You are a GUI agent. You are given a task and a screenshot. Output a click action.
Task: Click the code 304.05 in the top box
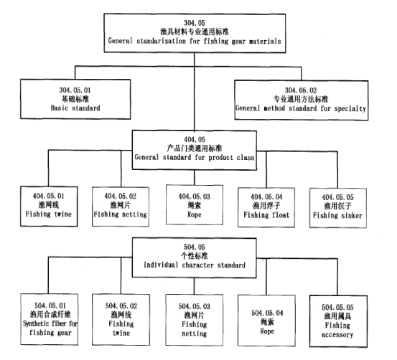click(x=195, y=23)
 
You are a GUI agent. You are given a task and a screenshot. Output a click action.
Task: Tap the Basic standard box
click(x=75, y=99)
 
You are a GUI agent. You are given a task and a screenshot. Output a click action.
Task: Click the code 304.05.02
click(x=301, y=90)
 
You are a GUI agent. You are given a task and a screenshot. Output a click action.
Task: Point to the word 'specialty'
click(x=350, y=108)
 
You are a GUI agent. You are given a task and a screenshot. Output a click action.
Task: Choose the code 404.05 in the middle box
click(x=195, y=139)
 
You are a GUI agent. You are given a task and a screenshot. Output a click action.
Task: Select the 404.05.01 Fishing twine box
click(x=49, y=207)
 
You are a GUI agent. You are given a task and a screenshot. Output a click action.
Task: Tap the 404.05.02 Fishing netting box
click(x=121, y=207)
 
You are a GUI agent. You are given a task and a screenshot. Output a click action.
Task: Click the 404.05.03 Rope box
click(x=195, y=204)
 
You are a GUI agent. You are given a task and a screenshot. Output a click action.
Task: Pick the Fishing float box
click(x=266, y=207)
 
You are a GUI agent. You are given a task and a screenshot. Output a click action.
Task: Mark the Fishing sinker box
click(x=338, y=208)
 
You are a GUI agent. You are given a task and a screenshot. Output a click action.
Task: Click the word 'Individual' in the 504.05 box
click(x=161, y=265)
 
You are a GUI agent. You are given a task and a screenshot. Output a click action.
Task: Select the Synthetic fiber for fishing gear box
click(x=49, y=320)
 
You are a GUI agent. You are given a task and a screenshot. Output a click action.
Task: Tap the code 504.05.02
click(x=121, y=306)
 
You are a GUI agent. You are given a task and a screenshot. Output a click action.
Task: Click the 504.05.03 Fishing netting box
click(x=195, y=320)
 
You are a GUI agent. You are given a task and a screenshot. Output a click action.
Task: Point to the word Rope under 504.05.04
click(x=267, y=331)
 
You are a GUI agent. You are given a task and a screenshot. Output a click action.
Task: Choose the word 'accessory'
click(x=337, y=335)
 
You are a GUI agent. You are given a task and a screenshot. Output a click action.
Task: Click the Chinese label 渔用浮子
click(x=266, y=206)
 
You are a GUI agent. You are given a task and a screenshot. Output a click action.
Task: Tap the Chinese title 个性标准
click(x=195, y=256)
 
